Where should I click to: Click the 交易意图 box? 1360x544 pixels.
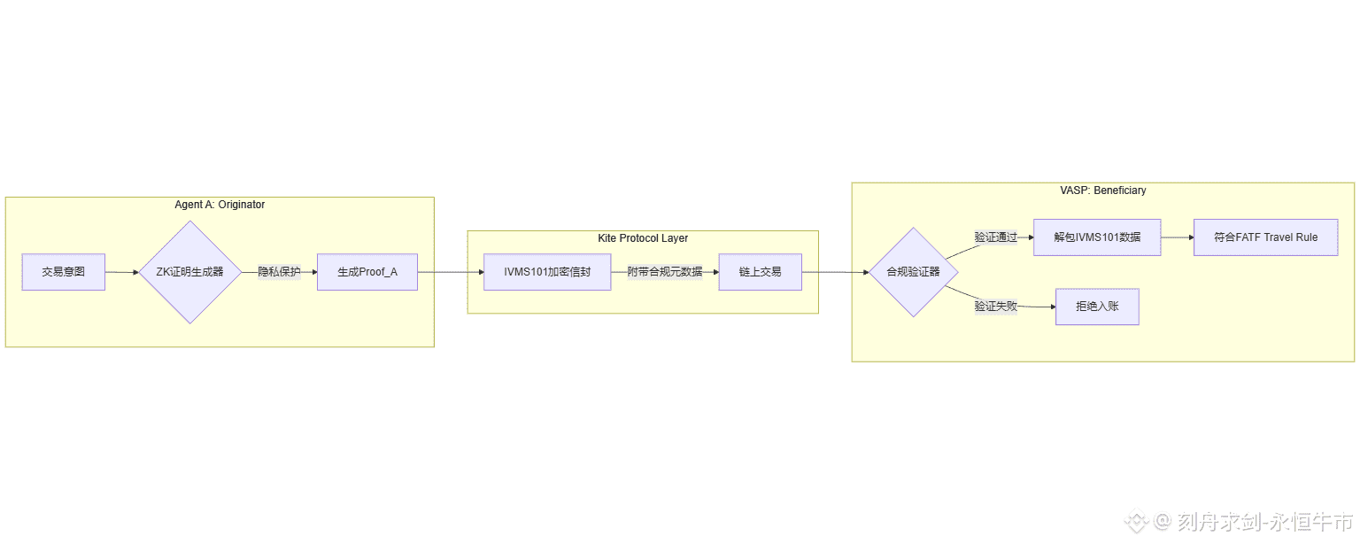[64, 272]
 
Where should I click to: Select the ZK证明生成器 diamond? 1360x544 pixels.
[189, 272]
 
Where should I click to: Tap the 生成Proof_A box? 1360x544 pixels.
[367, 272]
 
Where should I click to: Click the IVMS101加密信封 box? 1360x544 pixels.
[547, 272]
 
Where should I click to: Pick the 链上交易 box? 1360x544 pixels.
[760, 272]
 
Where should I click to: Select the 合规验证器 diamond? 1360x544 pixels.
[913, 272]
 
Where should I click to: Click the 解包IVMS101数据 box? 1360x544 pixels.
[1097, 237]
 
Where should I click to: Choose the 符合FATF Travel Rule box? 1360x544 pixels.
[1265, 237]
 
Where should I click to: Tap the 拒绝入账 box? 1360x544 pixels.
[1097, 307]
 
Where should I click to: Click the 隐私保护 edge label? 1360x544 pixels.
[279, 272]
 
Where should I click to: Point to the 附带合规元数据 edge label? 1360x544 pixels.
[665, 272]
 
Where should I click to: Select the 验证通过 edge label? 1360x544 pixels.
[996, 237]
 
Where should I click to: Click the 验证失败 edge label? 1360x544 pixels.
[996, 307]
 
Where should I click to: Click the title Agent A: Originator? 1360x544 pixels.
[220, 205]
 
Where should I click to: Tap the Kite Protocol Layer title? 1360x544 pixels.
[643, 238]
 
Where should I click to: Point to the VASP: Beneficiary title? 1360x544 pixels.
[1103, 190]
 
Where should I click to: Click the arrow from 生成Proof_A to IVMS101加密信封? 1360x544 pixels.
[450, 272]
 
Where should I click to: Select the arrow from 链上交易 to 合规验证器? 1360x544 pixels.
[835, 272]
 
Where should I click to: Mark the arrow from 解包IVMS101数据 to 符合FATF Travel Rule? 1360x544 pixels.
[1177, 237]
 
